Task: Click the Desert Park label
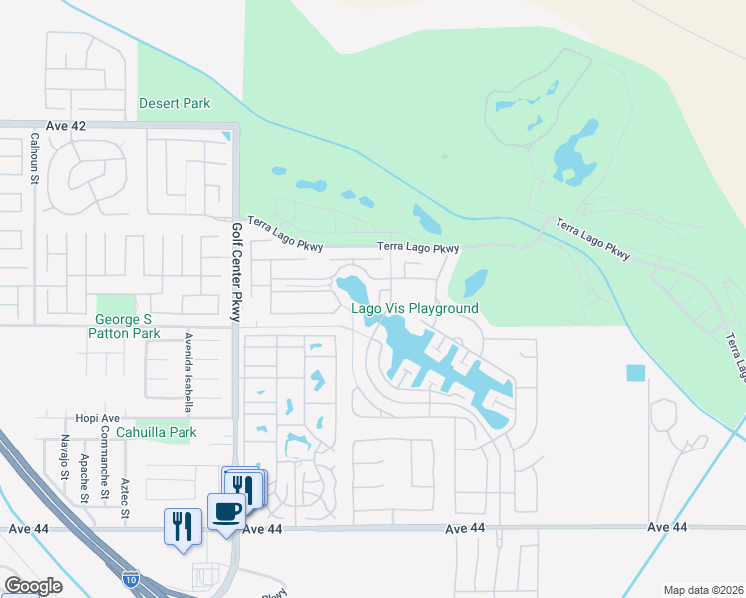click(175, 103)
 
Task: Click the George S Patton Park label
click(127, 326)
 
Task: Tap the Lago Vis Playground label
click(414, 309)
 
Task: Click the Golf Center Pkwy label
click(236, 269)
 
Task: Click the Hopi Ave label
click(98, 418)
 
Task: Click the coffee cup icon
click(226, 512)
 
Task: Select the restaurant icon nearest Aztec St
click(182, 525)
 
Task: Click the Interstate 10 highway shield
click(131, 577)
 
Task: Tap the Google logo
click(33, 586)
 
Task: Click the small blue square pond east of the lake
click(635, 373)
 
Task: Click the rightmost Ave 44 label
click(667, 526)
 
